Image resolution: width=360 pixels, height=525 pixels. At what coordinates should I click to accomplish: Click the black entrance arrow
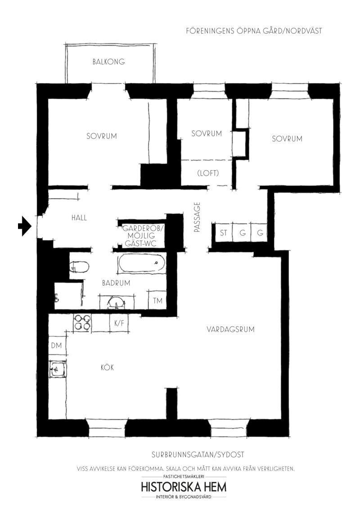(24, 226)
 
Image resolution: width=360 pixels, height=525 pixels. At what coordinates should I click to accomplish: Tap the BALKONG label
(109, 62)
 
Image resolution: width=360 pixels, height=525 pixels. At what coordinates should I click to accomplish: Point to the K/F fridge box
(119, 323)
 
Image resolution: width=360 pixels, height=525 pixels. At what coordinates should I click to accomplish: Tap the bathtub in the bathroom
(141, 263)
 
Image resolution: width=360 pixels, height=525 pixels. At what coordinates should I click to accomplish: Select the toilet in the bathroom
(79, 267)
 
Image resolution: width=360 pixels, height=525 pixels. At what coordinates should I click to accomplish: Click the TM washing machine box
(157, 300)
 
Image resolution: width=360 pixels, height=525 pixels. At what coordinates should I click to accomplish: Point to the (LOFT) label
(208, 173)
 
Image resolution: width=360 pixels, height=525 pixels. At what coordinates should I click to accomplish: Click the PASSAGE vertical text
(197, 217)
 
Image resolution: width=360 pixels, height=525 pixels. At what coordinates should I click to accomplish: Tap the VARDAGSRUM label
(230, 329)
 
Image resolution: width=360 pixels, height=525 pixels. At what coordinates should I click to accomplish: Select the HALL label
(79, 217)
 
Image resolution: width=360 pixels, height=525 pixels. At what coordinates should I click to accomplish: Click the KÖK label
(108, 367)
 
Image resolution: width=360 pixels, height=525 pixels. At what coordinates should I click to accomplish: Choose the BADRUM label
(116, 283)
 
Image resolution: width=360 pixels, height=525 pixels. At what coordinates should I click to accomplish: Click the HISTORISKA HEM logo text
(184, 486)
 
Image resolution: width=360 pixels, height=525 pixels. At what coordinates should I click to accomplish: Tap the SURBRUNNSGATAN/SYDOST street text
(198, 455)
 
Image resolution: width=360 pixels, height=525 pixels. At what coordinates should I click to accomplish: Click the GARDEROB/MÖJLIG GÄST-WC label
(143, 236)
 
